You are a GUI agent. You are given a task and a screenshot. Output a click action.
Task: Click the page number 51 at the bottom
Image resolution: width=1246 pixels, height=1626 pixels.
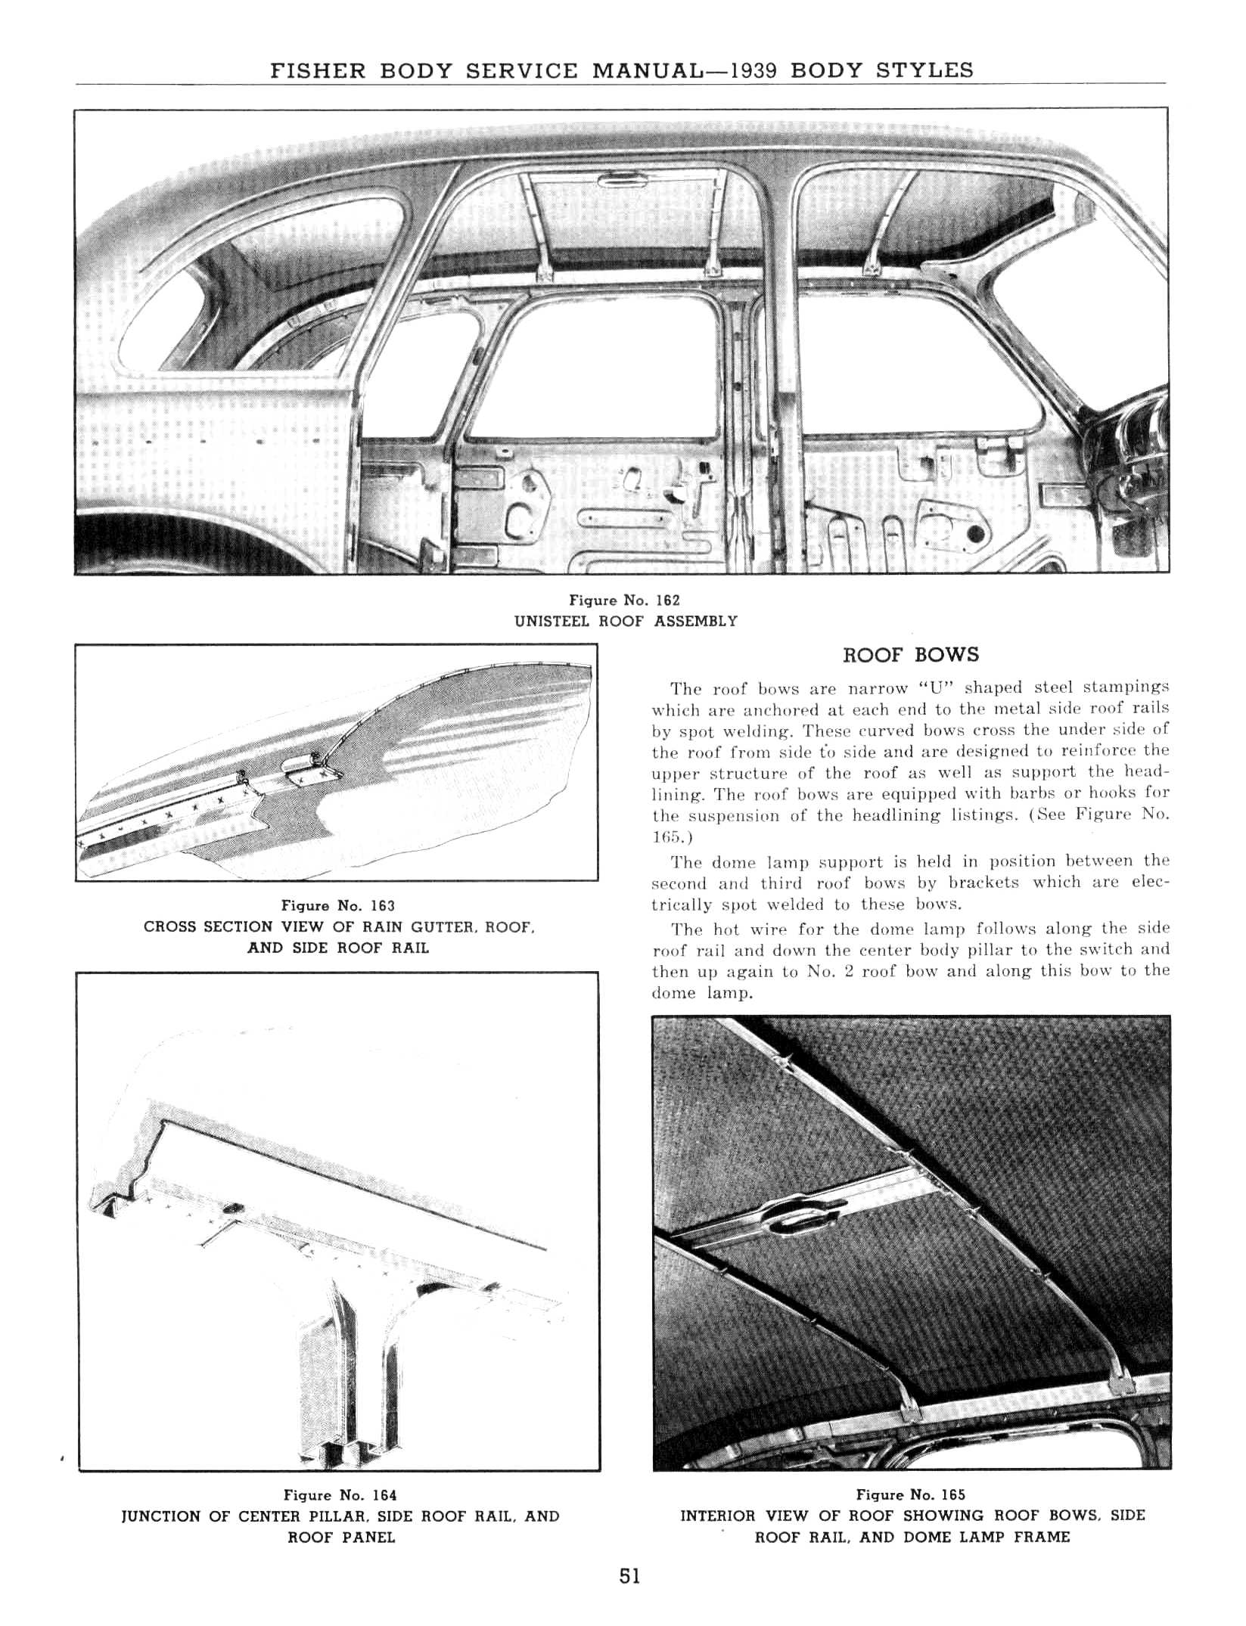629,1597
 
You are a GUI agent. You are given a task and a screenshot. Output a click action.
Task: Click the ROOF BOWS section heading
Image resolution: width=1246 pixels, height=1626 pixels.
910,655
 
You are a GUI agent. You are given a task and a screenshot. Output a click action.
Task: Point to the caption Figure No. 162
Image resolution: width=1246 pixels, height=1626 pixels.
624,600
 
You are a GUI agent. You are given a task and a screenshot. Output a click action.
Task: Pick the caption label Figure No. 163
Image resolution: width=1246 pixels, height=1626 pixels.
337,905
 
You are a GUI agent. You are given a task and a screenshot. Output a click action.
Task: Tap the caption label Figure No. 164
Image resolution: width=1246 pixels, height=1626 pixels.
340,1495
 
